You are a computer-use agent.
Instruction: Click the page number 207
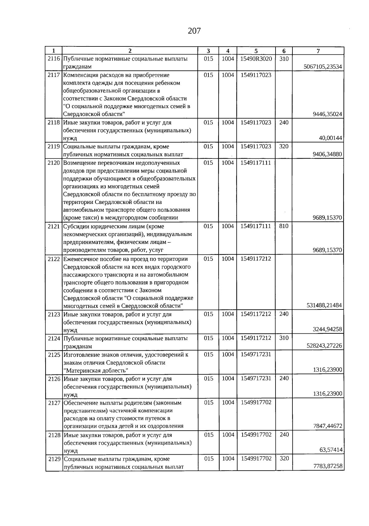pyautogui.click(x=194, y=31)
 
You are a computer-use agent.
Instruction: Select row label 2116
pyautogui.click(x=54, y=59)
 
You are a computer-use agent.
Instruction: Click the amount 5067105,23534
pyautogui.click(x=323, y=67)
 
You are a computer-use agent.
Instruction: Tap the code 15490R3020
pyautogui.click(x=256, y=59)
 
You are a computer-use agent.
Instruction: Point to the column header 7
pyautogui.click(x=318, y=51)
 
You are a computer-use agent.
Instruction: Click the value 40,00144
pyautogui.click(x=331, y=138)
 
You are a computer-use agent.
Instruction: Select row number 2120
pyautogui.click(x=54, y=163)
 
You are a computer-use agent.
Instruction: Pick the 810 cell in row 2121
pyautogui.click(x=284, y=226)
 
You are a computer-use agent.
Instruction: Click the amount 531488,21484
pyautogui.click(x=324, y=305)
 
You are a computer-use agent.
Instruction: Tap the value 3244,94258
pyautogui.click(x=327, y=329)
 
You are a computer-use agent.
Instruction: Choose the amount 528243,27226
pyautogui.click(x=324, y=346)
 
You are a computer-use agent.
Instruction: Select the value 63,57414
pyautogui.click(x=331, y=450)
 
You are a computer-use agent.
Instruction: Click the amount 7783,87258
pyautogui.click(x=327, y=466)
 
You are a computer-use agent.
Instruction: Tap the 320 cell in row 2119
pyautogui.click(x=284, y=146)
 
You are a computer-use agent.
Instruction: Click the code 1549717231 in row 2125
pyautogui.click(x=256, y=354)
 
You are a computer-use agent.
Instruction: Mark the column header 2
pyautogui.click(x=129, y=51)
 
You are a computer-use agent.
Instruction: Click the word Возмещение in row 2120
pyautogui.click(x=78, y=163)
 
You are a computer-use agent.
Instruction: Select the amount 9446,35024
pyautogui.click(x=327, y=114)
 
